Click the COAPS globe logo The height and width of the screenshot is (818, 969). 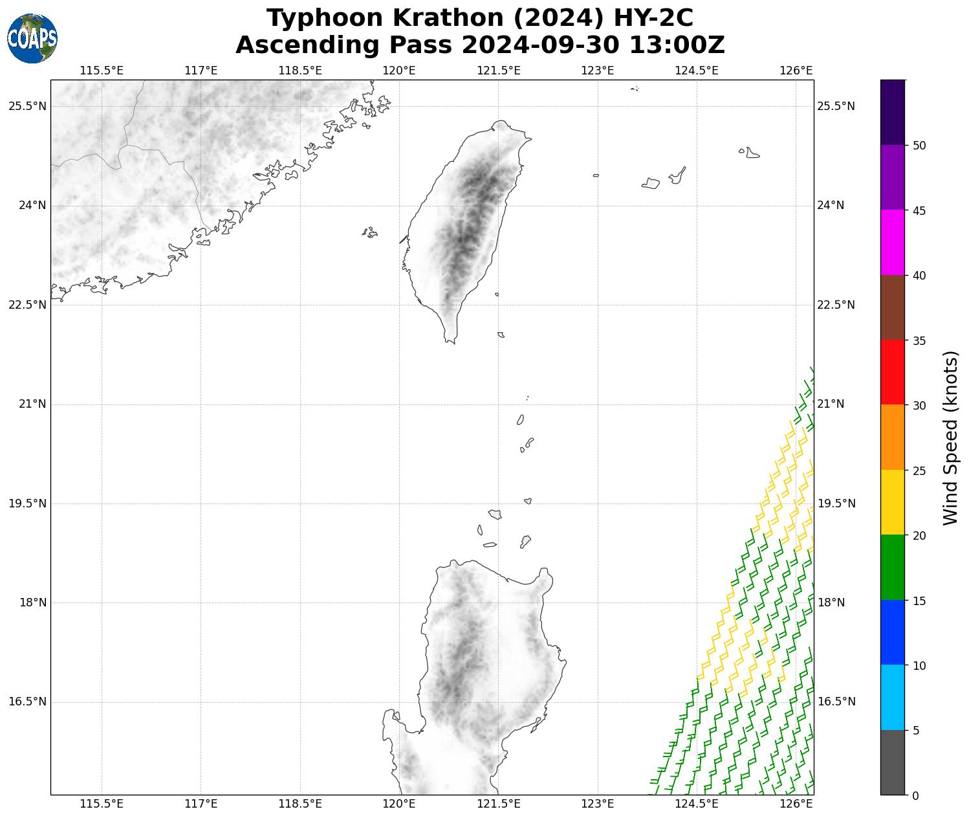click(x=32, y=38)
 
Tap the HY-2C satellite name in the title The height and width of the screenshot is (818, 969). click(x=653, y=18)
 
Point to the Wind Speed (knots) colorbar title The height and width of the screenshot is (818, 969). click(x=950, y=437)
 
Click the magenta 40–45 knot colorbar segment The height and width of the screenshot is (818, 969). click(x=893, y=243)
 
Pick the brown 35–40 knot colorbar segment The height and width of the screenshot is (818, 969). click(x=893, y=307)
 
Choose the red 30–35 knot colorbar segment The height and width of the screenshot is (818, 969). click(x=893, y=372)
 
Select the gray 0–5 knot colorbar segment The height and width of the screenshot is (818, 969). click(x=893, y=762)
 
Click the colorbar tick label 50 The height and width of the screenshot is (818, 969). click(x=919, y=146)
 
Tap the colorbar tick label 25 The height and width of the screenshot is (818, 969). click(x=919, y=470)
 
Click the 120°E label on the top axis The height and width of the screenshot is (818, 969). click(x=399, y=70)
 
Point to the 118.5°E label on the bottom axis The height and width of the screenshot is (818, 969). click(x=300, y=804)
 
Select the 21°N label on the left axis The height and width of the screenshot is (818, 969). click(x=32, y=404)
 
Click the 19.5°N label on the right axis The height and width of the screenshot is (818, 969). click(x=836, y=503)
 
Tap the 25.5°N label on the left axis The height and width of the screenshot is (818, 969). click(x=27, y=106)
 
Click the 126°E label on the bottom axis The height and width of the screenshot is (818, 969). click(x=796, y=804)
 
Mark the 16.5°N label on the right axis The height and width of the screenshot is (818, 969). click(x=836, y=702)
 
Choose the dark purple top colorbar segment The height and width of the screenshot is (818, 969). click(x=893, y=112)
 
